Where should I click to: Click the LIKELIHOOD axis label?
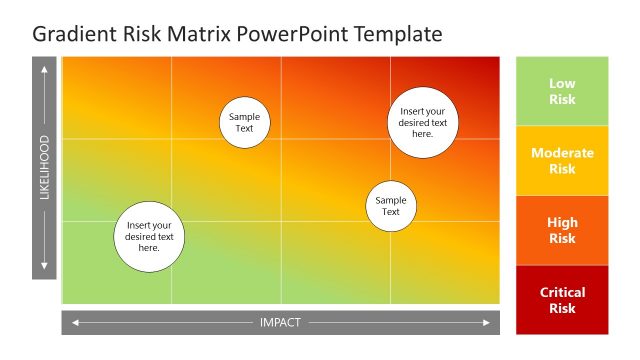pyautogui.click(x=44, y=167)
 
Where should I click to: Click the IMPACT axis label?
pyautogui.click(x=280, y=322)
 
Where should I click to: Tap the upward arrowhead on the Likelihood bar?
pyautogui.click(x=44, y=70)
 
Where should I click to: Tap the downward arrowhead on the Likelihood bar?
pyautogui.click(x=44, y=266)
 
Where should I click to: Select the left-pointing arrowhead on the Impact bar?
pyautogui.click(x=73, y=322)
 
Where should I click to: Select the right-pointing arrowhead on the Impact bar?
pyautogui.click(x=487, y=322)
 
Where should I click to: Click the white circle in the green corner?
pyautogui.click(x=149, y=237)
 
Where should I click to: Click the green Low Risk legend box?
pyautogui.click(x=562, y=91)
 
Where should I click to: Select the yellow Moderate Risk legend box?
pyautogui.click(x=562, y=161)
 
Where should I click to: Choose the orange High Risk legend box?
pyautogui.click(x=562, y=230)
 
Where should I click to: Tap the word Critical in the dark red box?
pyautogui.click(x=562, y=292)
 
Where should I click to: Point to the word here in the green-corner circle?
pyautogui.click(x=149, y=248)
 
